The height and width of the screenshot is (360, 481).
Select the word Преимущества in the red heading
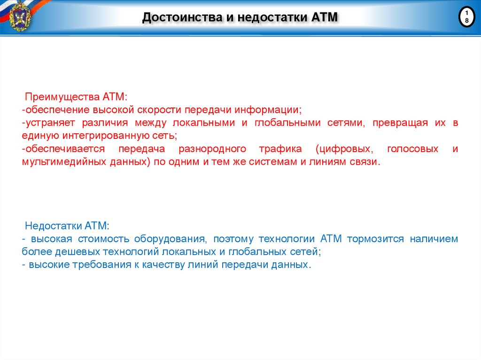coord(61,97)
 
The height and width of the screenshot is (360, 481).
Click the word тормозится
coord(375,239)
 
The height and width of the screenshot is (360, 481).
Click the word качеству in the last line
coord(155,265)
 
